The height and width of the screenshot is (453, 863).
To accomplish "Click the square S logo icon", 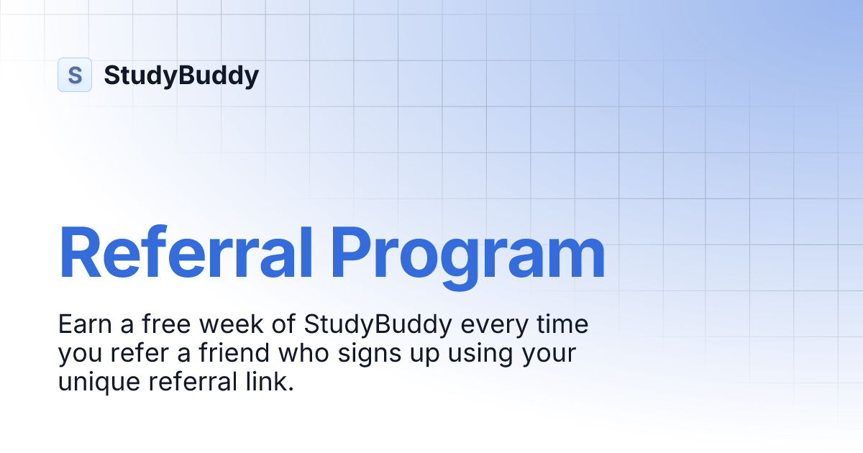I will [x=75, y=75].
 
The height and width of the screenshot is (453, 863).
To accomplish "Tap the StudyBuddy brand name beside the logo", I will [x=181, y=75].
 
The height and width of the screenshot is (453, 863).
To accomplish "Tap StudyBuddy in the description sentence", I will [x=378, y=326].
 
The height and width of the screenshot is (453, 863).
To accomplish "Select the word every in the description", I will [x=493, y=326].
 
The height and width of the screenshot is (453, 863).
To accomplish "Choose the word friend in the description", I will [x=222, y=353].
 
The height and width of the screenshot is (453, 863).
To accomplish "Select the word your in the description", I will [x=549, y=354].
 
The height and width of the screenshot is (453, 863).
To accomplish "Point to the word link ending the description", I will [x=272, y=382].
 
